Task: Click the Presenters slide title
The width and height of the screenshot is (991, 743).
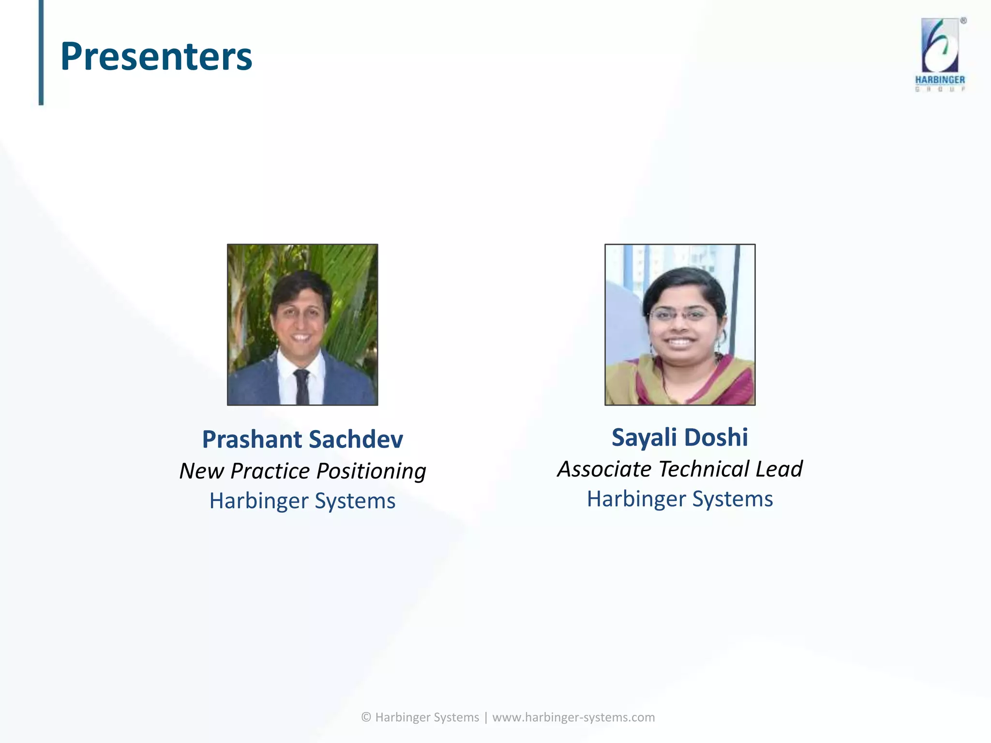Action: click(x=156, y=57)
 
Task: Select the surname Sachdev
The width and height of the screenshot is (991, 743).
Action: click(x=356, y=439)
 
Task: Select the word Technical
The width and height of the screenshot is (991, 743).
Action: click(x=704, y=469)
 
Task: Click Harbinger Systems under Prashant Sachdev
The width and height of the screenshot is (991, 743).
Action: click(x=302, y=501)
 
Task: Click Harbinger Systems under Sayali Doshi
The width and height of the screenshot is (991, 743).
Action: click(x=680, y=499)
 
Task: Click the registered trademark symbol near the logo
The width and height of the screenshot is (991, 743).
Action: click(x=963, y=21)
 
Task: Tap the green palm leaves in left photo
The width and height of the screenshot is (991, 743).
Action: click(x=353, y=281)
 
